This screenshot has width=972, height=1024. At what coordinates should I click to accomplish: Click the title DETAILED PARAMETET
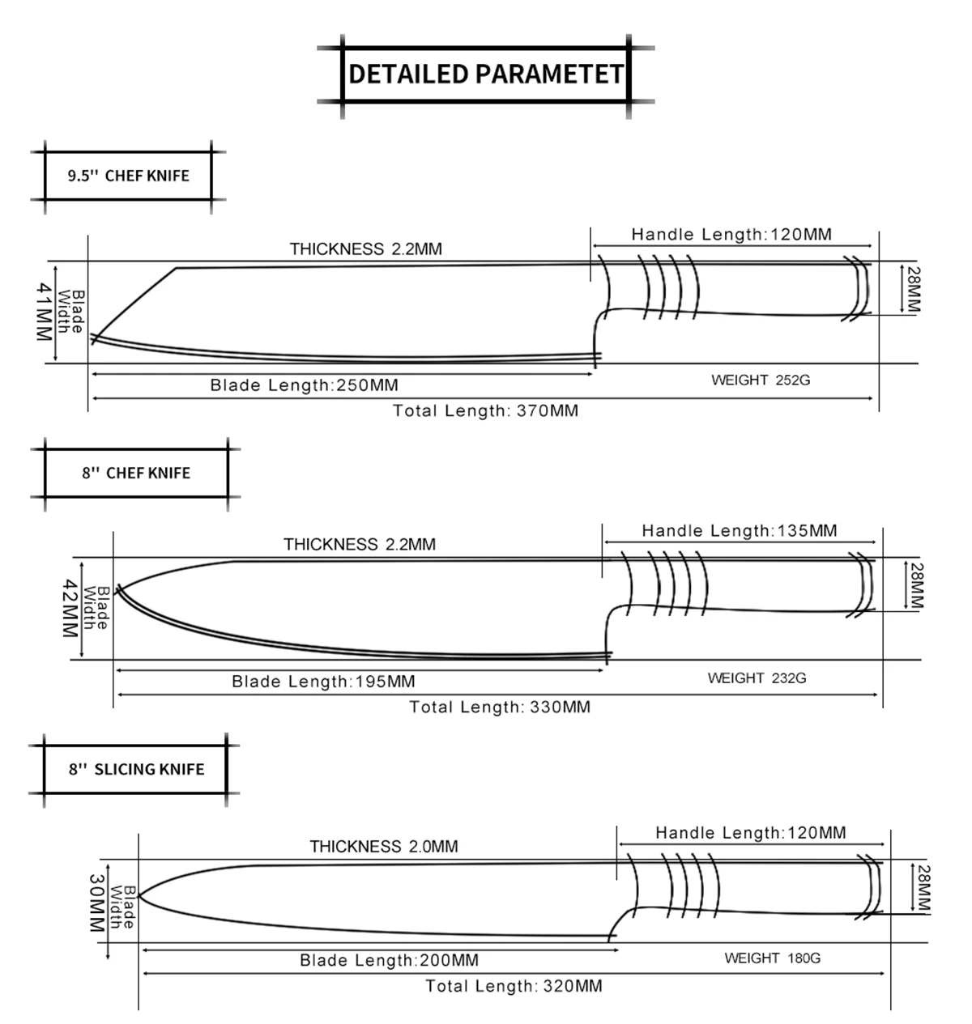point(485,74)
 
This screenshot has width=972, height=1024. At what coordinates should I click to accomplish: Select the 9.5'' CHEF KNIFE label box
point(128,176)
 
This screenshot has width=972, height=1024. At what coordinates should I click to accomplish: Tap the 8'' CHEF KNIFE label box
point(136,473)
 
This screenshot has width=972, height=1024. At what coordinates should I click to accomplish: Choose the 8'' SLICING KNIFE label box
point(136,769)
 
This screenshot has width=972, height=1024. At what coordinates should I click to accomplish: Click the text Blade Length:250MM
point(304,385)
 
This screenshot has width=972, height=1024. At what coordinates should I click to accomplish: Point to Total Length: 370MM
point(485,411)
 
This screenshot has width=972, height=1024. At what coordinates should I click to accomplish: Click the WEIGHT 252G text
point(761,380)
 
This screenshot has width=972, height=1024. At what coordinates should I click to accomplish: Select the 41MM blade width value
point(44,312)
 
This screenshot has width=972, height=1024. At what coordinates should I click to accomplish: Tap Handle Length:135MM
point(739,531)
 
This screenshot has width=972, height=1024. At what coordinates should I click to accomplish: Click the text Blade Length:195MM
point(323,682)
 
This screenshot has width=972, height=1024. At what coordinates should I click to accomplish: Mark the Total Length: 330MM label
point(500,707)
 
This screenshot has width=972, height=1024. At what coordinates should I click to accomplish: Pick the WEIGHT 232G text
point(757,678)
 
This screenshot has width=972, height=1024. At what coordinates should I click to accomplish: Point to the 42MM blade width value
point(70,608)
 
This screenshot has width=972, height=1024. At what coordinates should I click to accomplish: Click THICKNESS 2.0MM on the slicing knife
point(383,847)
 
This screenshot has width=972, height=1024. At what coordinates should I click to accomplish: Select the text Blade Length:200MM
point(389,961)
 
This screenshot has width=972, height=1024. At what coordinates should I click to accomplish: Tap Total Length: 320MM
point(514,986)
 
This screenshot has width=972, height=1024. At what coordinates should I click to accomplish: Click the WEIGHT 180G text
point(772,958)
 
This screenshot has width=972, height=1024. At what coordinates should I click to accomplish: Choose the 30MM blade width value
point(96,903)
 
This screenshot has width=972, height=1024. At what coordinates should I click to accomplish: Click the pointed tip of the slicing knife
point(139,895)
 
